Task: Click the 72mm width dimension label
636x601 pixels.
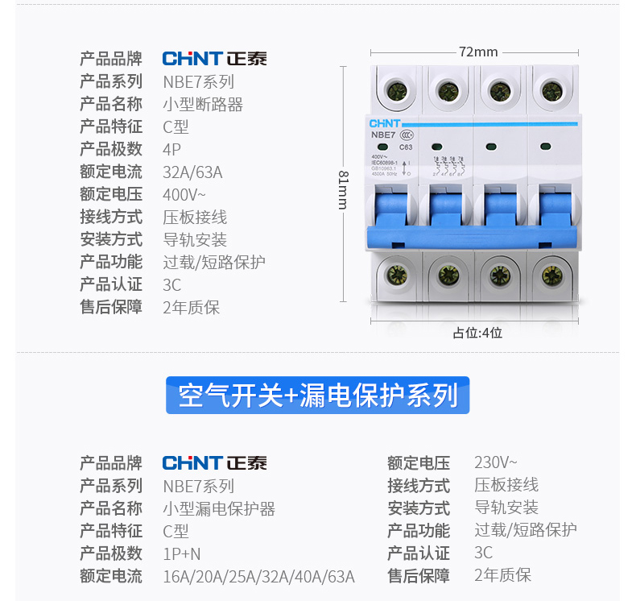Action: click(x=478, y=52)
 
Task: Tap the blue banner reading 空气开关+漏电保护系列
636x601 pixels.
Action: click(x=317, y=396)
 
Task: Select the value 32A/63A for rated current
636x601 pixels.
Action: click(x=192, y=172)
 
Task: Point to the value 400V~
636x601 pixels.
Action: click(x=184, y=194)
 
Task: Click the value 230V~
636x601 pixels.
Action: click(x=496, y=462)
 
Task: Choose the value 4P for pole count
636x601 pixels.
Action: click(x=172, y=149)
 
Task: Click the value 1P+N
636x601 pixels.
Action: click(x=182, y=553)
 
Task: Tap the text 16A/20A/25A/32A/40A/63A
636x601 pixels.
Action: click(x=258, y=576)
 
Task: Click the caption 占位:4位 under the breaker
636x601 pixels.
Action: click(x=477, y=332)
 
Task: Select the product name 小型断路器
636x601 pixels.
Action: click(x=203, y=104)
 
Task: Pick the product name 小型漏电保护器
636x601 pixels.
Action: click(x=219, y=508)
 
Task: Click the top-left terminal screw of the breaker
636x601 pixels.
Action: click(x=396, y=89)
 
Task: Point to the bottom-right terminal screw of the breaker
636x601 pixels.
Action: click(x=551, y=275)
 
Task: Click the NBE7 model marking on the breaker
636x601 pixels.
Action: click(x=383, y=135)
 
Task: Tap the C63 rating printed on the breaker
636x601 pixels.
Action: click(x=406, y=147)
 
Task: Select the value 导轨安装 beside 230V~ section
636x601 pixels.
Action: click(x=506, y=508)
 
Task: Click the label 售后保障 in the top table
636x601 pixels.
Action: click(x=111, y=307)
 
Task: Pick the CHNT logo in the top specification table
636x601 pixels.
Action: click(x=214, y=59)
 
